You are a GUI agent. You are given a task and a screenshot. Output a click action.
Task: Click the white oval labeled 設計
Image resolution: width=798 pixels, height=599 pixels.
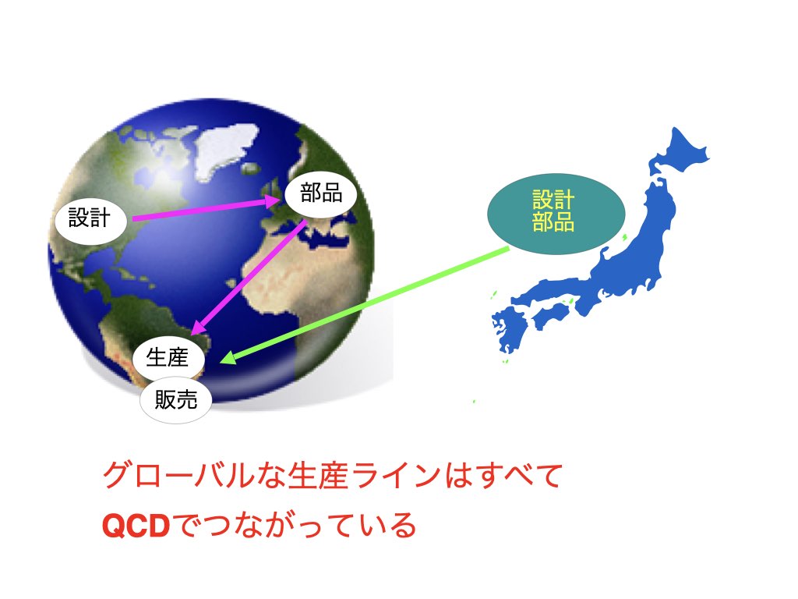[x=90, y=218]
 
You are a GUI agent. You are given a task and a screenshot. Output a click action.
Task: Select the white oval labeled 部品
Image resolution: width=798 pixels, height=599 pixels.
[x=320, y=193]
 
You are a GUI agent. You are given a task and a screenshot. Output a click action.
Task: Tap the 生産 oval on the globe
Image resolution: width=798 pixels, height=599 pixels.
[x=168, y=357]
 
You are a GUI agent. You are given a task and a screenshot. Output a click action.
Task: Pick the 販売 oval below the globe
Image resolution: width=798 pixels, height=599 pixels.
[x=175, y=400]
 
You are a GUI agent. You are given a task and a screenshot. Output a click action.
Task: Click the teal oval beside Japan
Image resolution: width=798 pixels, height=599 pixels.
[x=556, y=214]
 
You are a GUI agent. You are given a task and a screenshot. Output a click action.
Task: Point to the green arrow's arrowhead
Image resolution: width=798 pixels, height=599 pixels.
[x=227, y=357]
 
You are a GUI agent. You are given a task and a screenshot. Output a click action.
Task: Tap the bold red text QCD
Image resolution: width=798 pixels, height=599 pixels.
[x=136, y=526]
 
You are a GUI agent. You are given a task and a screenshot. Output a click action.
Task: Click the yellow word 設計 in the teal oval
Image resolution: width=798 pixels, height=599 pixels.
[x=554, y=200]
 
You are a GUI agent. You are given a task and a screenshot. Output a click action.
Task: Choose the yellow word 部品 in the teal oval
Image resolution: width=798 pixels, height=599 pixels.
[x=554, y=222]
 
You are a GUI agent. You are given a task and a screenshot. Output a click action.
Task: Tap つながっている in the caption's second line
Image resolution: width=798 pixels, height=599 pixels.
[x=298, y=526]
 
